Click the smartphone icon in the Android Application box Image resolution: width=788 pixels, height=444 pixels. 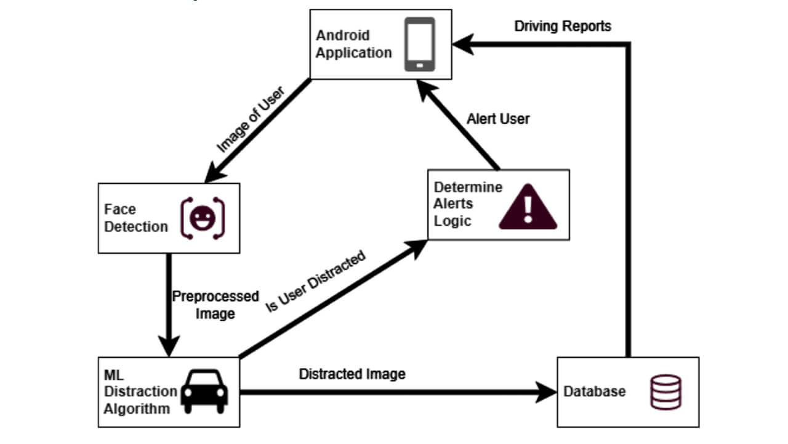point(419,44)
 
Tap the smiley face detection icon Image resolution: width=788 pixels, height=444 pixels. point(203,218)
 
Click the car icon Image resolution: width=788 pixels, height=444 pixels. point(204,392)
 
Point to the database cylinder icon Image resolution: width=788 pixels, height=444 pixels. point(665,392)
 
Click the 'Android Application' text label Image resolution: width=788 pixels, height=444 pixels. point(353,44)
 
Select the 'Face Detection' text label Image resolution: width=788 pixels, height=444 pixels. point(135,218)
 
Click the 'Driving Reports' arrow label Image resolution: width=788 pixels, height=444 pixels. point(563,27)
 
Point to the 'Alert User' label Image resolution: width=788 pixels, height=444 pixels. point(498,119)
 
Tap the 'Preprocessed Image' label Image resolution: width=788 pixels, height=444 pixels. point(215,305)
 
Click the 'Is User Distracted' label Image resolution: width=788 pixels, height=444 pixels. point(315,281)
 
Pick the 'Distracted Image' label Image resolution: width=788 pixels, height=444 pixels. point(352,374)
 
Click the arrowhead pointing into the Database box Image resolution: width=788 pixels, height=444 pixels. point(547,392)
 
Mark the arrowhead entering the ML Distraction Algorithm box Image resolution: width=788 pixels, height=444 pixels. point(169,347)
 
